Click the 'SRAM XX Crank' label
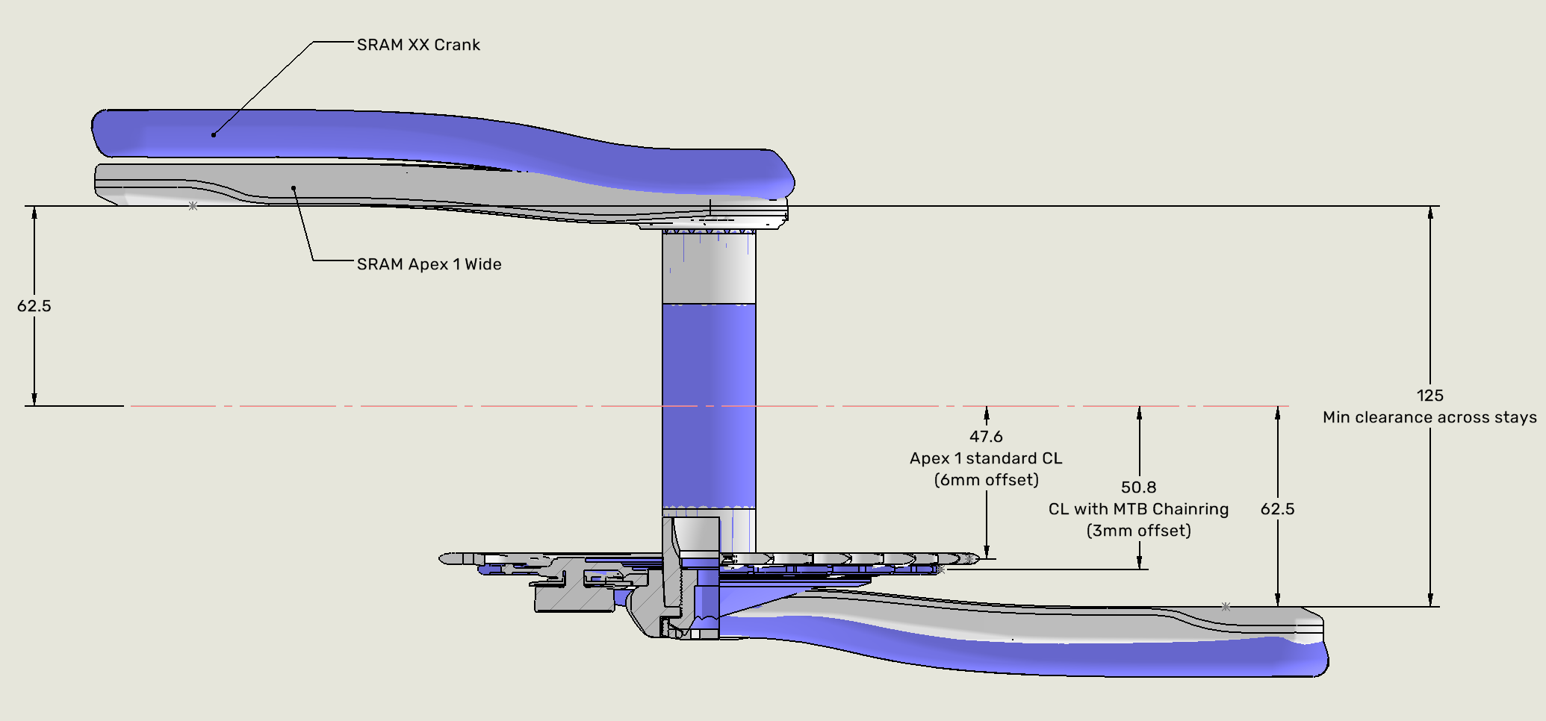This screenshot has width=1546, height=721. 418,45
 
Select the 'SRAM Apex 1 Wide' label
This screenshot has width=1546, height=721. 429,264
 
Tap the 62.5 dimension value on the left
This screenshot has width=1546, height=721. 34,306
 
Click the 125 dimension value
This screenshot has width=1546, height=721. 1429,396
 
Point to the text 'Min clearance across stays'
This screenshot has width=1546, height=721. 1429,417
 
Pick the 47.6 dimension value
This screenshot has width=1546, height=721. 986,437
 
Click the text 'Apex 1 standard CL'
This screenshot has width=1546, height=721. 986,458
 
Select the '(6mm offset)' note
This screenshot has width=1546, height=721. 986,480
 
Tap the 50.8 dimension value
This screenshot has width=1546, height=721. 1138,487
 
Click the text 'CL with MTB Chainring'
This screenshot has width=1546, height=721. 1138,509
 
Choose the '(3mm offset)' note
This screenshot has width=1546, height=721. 1138,531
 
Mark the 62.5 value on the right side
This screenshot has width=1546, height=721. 1277,509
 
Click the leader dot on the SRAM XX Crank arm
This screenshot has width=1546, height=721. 214,135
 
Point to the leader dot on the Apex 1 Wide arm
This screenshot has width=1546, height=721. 294,188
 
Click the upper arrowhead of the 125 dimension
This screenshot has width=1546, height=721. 1430,212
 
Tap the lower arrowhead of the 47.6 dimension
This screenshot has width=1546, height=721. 987,552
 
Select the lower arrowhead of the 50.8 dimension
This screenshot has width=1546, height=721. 1139,564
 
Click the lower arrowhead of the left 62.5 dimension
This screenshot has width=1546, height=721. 34,399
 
